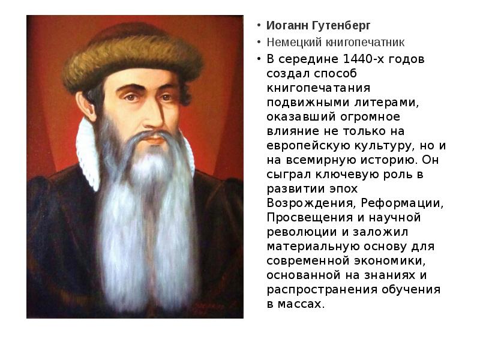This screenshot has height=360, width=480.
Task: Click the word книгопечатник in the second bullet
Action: pos(365,43)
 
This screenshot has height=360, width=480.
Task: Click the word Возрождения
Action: pos(308,203)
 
